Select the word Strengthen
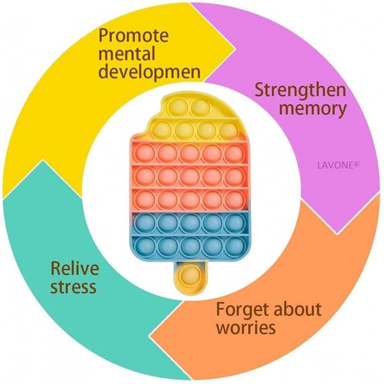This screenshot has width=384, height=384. tap(301, 90)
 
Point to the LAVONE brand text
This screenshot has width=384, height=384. tap(338, 164)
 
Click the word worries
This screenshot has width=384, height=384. tap(246, 329)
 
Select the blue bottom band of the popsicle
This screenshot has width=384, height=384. tap(189, 233)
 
